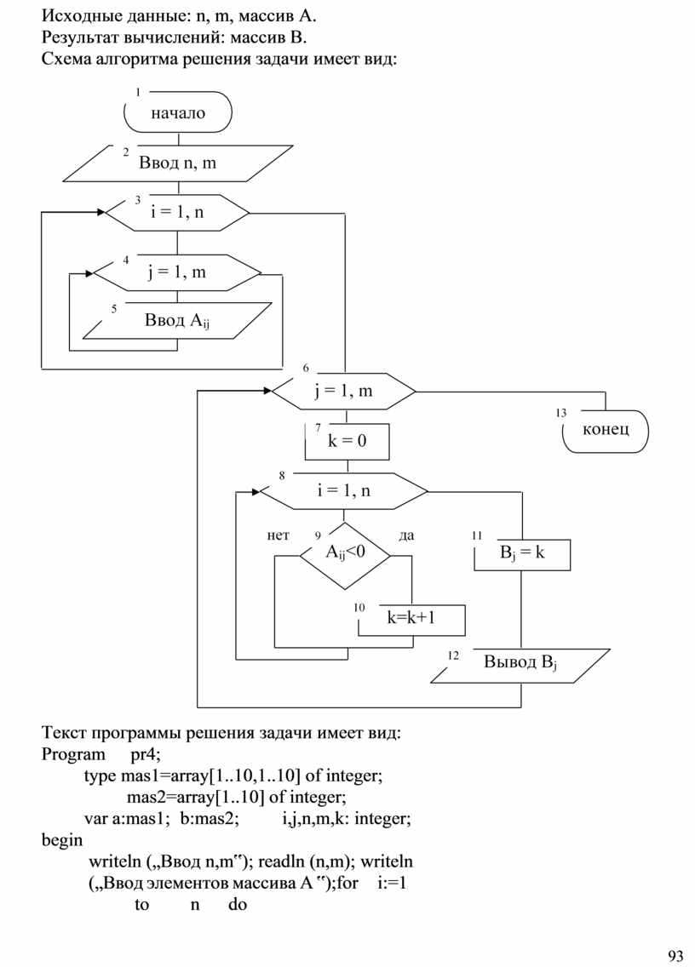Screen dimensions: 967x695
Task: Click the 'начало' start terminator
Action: [178, 113]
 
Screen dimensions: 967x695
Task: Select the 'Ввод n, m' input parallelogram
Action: [178, 163]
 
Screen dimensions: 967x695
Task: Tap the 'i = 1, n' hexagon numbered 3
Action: [177, 212]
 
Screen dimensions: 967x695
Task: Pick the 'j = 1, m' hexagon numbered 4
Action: [177, 272]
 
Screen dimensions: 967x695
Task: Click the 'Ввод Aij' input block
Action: [177, 321]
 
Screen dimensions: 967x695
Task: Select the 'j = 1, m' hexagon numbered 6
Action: [343, 392]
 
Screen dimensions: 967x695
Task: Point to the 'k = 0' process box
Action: [347, 441]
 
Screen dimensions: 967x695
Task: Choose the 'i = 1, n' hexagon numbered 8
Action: [344, 490]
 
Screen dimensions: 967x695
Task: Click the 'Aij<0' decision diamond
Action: [345, 553]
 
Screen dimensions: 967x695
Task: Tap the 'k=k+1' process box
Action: [412, 618]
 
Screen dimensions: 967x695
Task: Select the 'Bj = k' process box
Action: [522, 552]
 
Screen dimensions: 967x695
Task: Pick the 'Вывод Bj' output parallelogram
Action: [520, 664]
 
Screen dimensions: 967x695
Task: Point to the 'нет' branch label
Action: [278, 535]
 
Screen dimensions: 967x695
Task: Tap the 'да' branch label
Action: [406, 535]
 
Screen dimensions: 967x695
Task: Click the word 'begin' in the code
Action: [62, 840]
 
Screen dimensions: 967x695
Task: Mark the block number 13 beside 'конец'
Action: [560, 413]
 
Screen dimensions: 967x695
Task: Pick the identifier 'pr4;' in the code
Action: [146, 754]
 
